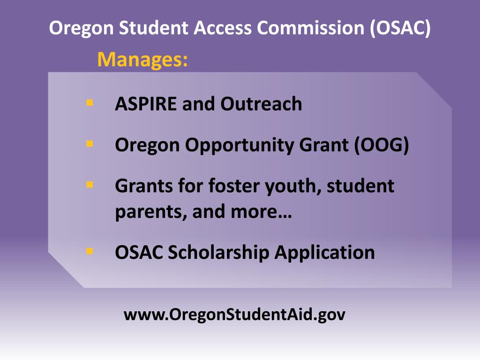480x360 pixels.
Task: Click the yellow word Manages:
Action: pos(142,60)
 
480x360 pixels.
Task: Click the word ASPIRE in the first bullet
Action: pos(145,104)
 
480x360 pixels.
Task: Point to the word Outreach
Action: pos(261,104)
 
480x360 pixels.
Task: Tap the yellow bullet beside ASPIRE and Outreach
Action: pos(90,102)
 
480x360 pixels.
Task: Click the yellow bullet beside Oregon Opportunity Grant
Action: pos(90,143)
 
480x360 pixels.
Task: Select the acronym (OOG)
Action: pos(382,145)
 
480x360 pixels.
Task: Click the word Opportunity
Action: pos(239,145)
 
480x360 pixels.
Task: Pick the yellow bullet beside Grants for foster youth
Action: pos(90,185)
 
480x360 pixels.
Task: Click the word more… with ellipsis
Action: pos(261,212)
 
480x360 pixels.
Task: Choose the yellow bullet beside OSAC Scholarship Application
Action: pos(90,251)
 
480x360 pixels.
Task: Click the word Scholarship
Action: pos(218,253)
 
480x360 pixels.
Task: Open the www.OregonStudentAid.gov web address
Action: pos(234,315)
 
